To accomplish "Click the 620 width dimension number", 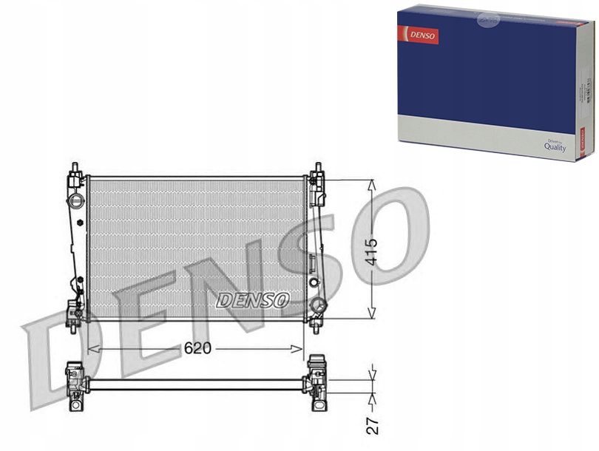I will click(x=197, y=348).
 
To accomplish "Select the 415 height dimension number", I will click(x=372, y=251).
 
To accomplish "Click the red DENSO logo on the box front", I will click(x=419, y=34).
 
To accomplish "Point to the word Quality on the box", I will click(x=555, y=147).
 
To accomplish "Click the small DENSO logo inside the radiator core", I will click(x=253, y=300).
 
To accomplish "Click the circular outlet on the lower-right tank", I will click(x=318, y=305).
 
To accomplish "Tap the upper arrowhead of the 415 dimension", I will click(x=372, y=183).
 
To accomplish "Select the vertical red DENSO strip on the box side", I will click(x=581, y=141).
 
